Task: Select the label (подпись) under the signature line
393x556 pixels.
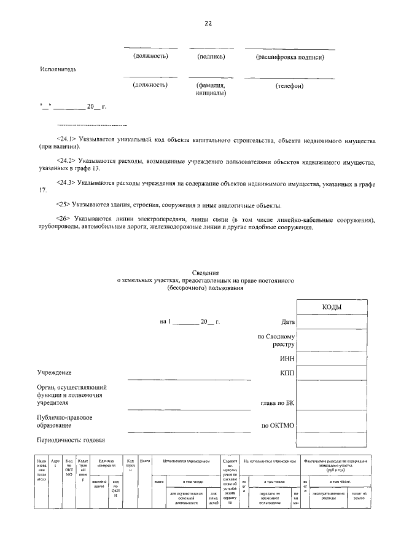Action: click(211, 57)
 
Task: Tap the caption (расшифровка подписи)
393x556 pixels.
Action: click(289, 57)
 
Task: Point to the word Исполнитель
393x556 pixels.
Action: click(58, 69)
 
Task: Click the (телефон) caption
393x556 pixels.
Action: click(289, 85)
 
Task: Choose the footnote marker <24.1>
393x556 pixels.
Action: click(65, 141)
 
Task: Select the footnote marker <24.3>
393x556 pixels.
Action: click(65, 182)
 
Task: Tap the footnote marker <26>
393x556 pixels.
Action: click(63, 219)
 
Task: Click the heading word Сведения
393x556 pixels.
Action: click(206, 273)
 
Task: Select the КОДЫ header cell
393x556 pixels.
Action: click(332, 307)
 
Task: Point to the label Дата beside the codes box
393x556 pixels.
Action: click(287, 321)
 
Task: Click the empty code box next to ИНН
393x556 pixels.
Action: click(332, 358)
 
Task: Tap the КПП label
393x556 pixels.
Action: click(287, 372)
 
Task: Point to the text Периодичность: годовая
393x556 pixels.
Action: click(71, 440)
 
